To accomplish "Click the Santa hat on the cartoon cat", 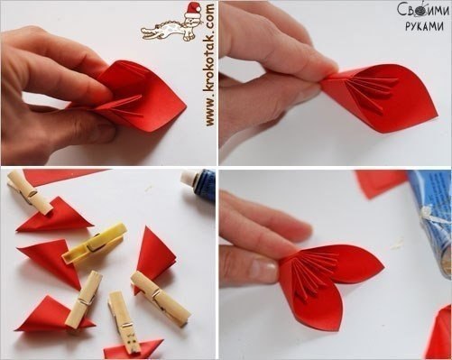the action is click(x=193, y=10).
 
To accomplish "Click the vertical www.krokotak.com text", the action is click(x=209, y=64).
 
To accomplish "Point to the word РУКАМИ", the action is click(x=424, y=26).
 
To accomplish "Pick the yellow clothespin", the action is click(x=94, y=245).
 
